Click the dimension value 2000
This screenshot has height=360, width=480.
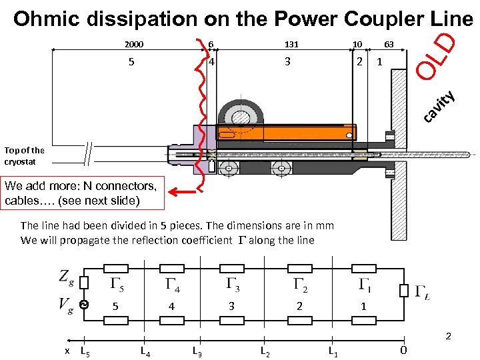133,45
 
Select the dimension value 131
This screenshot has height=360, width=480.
291,45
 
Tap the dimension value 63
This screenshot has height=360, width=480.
389,45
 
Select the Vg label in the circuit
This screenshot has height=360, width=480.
65,305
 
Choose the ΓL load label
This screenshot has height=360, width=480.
422,291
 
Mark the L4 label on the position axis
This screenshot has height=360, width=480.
145,350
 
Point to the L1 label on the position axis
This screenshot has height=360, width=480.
333,351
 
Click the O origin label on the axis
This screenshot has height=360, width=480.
403,351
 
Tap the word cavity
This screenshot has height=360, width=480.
440,107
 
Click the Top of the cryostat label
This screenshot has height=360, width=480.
25,155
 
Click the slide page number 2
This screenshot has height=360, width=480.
448,336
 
